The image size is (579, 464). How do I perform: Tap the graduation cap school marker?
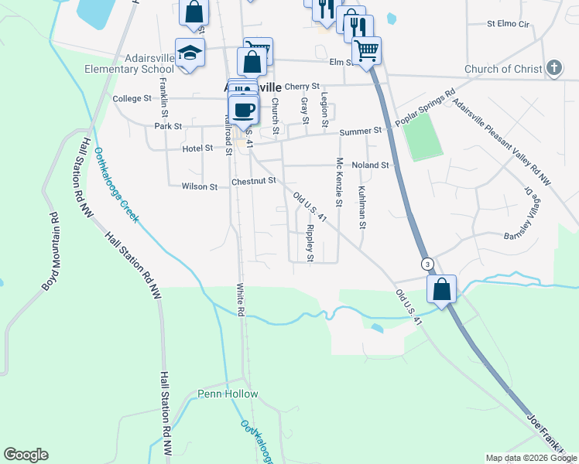tap(190, 53)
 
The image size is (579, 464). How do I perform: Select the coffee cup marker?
tap(244, 109)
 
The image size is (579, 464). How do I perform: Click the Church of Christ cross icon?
tap(553, 69)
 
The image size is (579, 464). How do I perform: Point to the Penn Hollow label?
tap(228, 394)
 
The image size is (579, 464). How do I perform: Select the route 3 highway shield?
tap(427, 264)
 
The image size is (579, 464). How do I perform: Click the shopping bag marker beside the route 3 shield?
tap(441, 290)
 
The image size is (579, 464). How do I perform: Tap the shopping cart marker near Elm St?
tap(366, 51)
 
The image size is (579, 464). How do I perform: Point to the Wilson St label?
tap(199, 186)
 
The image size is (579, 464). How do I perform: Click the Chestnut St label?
tap(253, 181)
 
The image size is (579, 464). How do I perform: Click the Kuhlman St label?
tap(361, 207)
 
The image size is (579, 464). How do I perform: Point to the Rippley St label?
tap(310, 242)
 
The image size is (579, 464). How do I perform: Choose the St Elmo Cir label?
tap(507, 24)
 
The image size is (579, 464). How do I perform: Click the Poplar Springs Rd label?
tap(424, 111)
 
